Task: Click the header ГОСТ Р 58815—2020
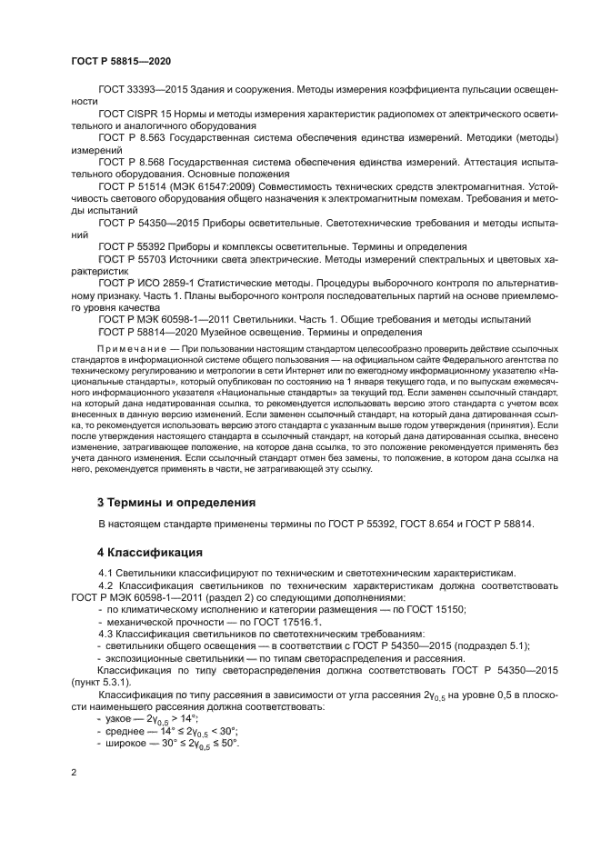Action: [x=120, y=61]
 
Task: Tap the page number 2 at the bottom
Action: [x=74, y=772]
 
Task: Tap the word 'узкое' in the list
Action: [x=119, y=718]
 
